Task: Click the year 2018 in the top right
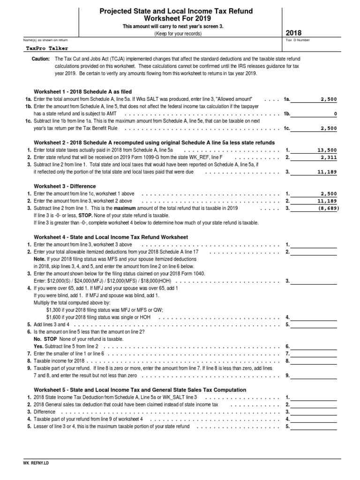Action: (294, 33)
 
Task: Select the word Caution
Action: (41, 59)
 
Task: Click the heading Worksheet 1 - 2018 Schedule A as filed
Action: (83, 91)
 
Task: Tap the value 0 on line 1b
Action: (335, 114)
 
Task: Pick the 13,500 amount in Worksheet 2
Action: (327, 150)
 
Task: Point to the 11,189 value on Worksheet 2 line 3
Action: (327, 172)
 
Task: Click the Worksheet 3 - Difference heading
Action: (65, 186)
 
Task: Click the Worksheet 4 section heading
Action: (111, 237)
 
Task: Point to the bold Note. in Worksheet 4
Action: (39, 259)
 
